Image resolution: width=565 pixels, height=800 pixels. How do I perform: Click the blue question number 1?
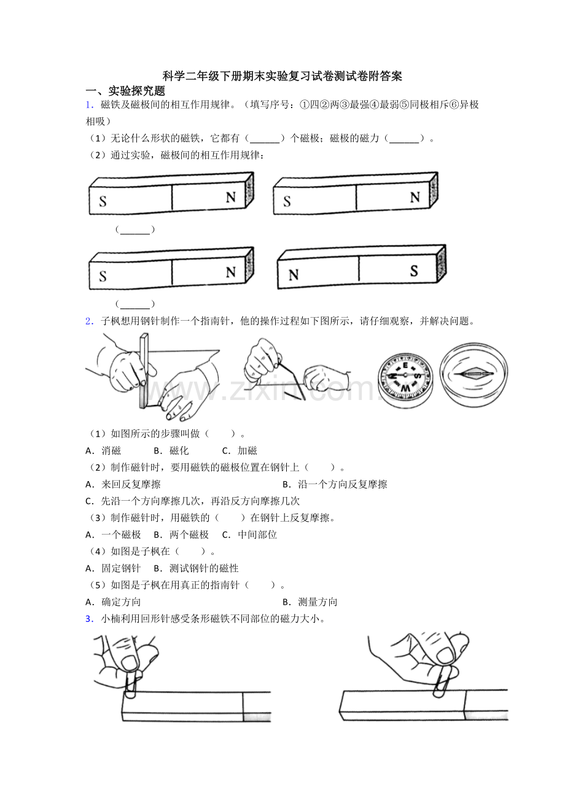tap(89, 104)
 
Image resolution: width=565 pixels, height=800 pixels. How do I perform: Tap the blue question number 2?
tap(89, 321)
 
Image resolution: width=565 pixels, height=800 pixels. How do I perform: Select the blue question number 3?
tap(89, 619)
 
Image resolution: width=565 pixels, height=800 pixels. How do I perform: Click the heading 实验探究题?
tap(137, 91)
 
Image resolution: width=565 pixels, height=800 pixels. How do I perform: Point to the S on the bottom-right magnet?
tap(414, 271)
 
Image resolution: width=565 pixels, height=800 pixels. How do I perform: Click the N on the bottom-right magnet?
tap(294, 275)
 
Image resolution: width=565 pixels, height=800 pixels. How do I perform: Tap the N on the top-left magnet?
tap(230, 197)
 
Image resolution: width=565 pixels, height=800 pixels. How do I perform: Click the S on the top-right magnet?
tap(287, 202)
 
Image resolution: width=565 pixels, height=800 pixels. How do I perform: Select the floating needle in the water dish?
tap(473, 374)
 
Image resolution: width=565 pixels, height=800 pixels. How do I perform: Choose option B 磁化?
tap(171, 451)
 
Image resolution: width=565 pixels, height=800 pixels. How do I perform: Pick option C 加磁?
tap(240, 451)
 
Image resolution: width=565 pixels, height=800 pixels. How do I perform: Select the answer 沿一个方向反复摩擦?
tap(342, 484)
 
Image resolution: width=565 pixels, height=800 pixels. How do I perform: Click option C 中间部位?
tap(249, 535)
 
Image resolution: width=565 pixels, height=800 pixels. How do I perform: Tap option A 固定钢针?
tap(113, 568)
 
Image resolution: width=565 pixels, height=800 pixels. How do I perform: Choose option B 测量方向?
tap(310, 602)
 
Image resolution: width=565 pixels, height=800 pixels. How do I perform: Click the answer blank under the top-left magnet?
tap(135, 230)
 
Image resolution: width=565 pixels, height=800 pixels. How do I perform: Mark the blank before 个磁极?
tap(265, 139)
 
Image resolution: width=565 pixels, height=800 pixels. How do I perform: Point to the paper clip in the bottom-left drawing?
tap(131, 683)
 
